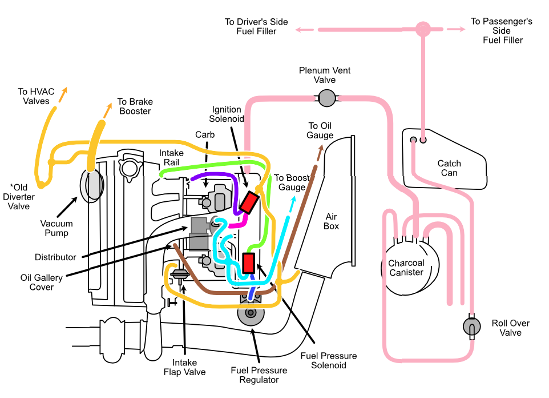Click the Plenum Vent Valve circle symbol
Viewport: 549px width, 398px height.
point(326,98)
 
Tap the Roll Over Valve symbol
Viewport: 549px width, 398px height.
point(472,327)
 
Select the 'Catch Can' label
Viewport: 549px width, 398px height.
point(449,168)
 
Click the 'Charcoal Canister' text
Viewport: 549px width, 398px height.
point(406,268)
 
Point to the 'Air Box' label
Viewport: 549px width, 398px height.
point(332,221)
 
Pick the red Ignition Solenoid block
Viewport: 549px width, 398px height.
point(249,202)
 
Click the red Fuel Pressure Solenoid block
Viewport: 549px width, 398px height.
point(249,263)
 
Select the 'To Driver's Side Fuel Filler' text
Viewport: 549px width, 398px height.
point(256,26)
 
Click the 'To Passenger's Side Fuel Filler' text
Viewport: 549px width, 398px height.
point(502,30)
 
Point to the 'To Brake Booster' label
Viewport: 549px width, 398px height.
point(135,106)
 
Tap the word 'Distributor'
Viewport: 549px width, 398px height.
point(55,257)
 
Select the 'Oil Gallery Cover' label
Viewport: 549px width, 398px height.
point(42,282)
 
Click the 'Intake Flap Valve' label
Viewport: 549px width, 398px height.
point(184,367)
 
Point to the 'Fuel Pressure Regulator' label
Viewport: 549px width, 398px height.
point(259,375)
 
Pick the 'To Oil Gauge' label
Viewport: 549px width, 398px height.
point(320,130)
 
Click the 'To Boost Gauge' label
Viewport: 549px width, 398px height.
point(292,182)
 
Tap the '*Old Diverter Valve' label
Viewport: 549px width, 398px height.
point(23,196)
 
